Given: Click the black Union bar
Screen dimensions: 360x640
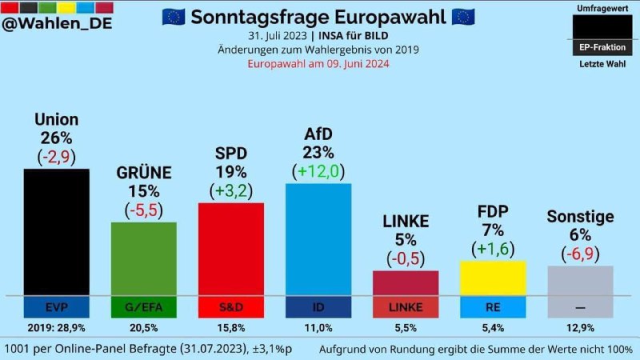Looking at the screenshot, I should [56, 232].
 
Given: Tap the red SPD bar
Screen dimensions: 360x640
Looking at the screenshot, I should [230, 248].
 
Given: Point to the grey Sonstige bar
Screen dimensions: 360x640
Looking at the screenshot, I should [581, 280].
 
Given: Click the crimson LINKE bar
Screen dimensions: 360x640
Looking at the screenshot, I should [406, 282].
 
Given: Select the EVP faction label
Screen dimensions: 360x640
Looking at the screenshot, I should [56, 306].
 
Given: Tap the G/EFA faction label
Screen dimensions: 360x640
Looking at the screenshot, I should [143, 306].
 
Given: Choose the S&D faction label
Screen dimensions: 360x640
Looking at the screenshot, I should [230, 306].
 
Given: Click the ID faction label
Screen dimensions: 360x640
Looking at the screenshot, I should [318, 306].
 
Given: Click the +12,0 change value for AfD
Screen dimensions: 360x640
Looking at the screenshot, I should [318, 170].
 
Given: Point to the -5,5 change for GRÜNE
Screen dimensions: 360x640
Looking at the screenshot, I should [143, 210].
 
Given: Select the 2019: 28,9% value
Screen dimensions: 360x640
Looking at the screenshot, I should [56, 328].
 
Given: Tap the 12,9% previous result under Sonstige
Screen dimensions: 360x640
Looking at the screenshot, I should [581, 328].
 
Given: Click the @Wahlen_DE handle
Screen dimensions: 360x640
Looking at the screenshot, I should [57, 23].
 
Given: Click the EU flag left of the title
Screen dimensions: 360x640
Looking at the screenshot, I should [174, 17].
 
